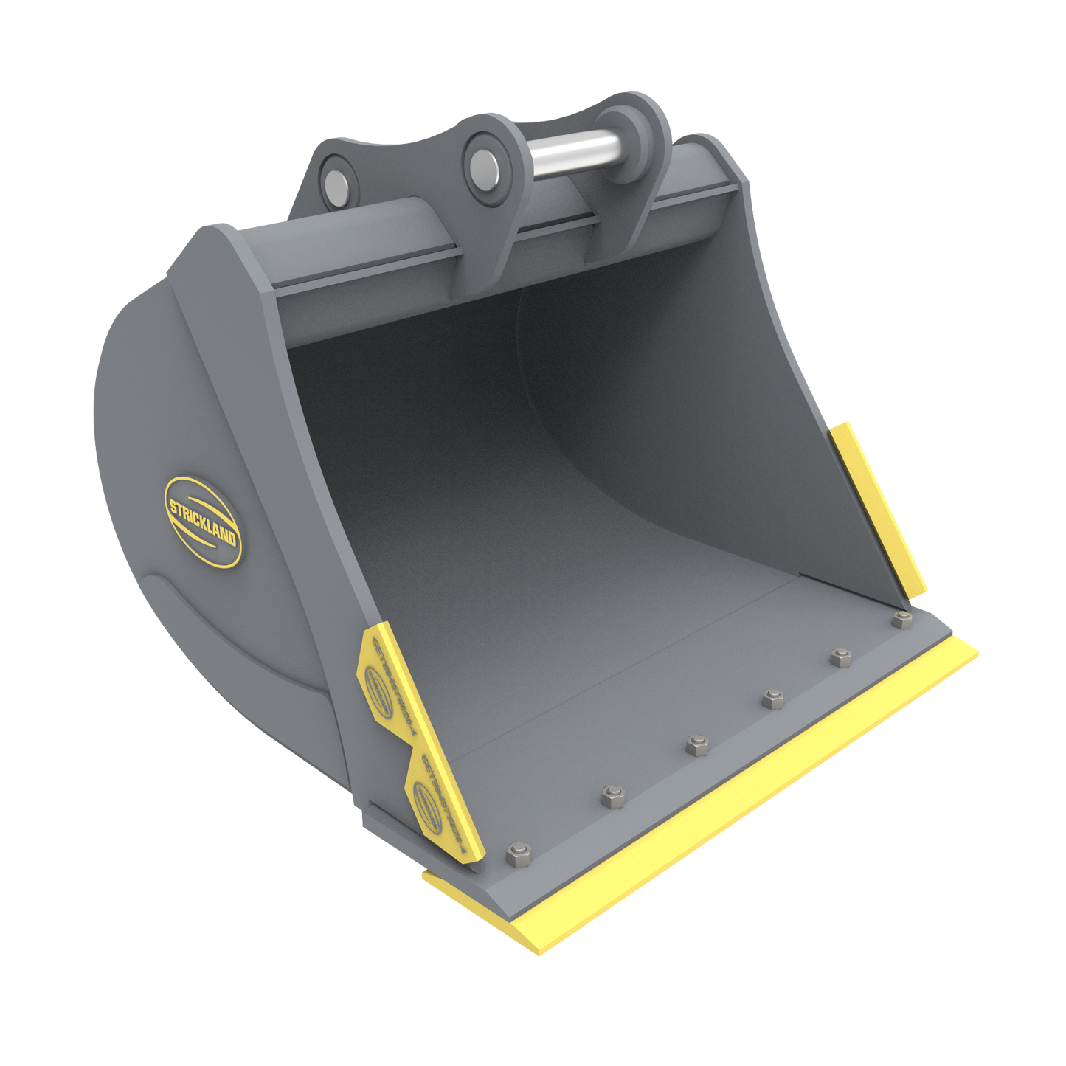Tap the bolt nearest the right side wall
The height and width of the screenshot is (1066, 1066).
pos(901,620)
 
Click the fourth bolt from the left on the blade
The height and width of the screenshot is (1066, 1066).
pos(772,699)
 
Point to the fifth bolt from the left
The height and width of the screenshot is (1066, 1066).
pos(840,657)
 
